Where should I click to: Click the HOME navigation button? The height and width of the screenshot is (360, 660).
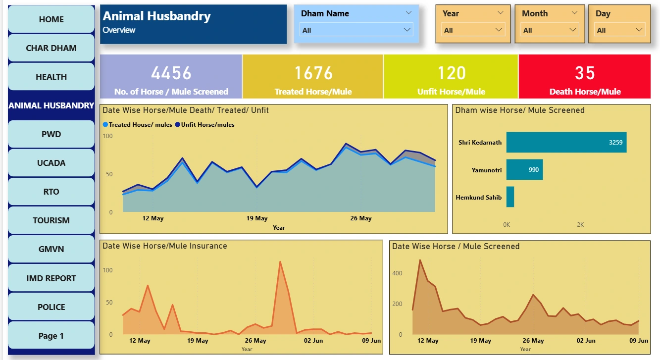[51, 19]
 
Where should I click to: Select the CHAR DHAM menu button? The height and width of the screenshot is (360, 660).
[51, 48]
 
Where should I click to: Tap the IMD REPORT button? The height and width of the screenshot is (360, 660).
[51, 278]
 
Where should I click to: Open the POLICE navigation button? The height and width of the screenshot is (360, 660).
[51, 307]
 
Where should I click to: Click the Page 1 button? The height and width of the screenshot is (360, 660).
[51, 336]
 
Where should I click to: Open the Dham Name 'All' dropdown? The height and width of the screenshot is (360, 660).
[356, 30]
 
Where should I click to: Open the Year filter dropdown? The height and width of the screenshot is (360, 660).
[473, 30]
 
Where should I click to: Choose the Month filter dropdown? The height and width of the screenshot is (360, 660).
[550, 30]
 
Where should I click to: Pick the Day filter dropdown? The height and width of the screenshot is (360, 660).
[619, 30]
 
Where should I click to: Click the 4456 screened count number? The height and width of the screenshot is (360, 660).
[171, 73]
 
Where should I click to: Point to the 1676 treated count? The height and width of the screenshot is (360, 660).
[313, 73]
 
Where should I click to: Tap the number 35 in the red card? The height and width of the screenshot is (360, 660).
[585, 73]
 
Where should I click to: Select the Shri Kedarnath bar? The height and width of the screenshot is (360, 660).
[566, 142]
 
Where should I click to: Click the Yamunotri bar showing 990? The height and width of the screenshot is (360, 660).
[524, 169]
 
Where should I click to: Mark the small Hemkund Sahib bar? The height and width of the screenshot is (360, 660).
[510, 197]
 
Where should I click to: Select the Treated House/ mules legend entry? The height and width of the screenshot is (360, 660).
[138, 125]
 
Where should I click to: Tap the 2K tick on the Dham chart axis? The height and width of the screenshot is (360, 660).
[580, 225]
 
